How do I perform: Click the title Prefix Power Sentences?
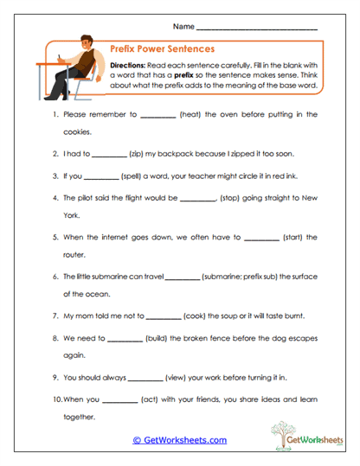coord(164,49)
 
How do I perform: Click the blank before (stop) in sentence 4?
coord(198,197)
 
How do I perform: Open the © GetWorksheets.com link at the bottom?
coord(179,440)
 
